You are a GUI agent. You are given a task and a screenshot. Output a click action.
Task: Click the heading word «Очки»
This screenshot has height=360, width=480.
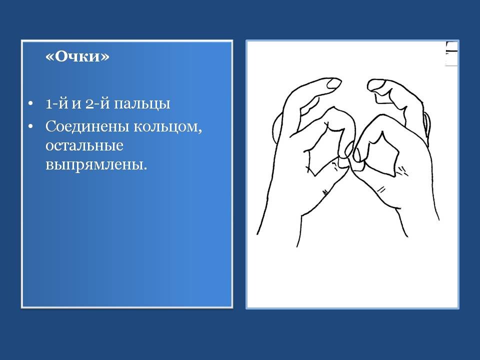click(77, 56)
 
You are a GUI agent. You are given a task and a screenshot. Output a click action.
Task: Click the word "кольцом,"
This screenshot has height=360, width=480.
click(168, 126)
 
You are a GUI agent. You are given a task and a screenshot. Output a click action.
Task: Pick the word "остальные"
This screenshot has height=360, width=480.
click(84, 145)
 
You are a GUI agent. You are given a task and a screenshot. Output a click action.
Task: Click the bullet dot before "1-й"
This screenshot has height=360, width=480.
click(30, 104)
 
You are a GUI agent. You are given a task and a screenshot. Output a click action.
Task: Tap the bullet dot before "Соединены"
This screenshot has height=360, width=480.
click(30, 126)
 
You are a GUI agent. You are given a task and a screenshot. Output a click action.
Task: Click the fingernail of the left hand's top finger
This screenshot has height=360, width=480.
click(333, 83)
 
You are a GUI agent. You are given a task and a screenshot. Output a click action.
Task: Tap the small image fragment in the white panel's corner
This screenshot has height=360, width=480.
click(451, 53)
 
